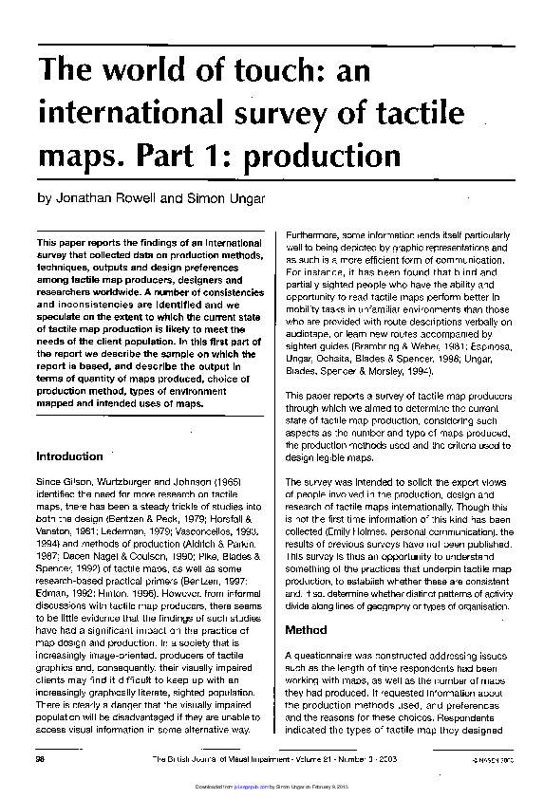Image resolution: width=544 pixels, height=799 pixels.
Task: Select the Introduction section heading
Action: pos(69,456)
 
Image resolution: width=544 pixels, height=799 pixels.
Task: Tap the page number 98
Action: pos(41,760)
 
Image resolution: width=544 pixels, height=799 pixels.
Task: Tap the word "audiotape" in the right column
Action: pos(309,333)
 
